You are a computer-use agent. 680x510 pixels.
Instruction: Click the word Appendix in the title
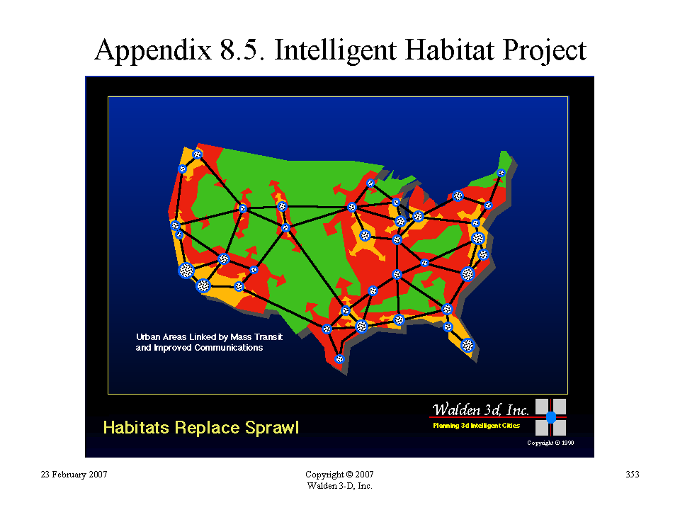(153, 50)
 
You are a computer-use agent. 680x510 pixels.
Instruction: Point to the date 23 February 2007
(74, 475)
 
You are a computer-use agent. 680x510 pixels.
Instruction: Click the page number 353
(633, 475)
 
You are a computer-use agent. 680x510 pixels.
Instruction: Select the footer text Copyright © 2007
(339, 475)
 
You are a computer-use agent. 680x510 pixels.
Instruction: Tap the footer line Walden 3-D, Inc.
(339, 486)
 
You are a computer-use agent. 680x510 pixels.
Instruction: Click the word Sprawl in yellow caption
(272, 428)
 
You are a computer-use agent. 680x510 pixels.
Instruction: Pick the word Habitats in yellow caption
(136, 428)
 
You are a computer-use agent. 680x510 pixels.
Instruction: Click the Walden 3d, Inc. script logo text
(480, 409)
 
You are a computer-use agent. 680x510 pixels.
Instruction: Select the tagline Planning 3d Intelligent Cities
(476, 426)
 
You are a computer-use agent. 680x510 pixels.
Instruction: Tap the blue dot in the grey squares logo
(551, 417)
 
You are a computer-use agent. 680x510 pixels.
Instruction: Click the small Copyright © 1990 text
(550, 443)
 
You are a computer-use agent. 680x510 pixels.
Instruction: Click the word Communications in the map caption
(229, 348)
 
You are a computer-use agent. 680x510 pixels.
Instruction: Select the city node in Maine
(501, 173)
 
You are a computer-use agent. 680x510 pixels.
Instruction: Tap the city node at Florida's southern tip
(467, 345)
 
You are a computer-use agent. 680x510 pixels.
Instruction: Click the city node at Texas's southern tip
(339, 358)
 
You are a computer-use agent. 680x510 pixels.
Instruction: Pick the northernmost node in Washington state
(198, 154)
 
